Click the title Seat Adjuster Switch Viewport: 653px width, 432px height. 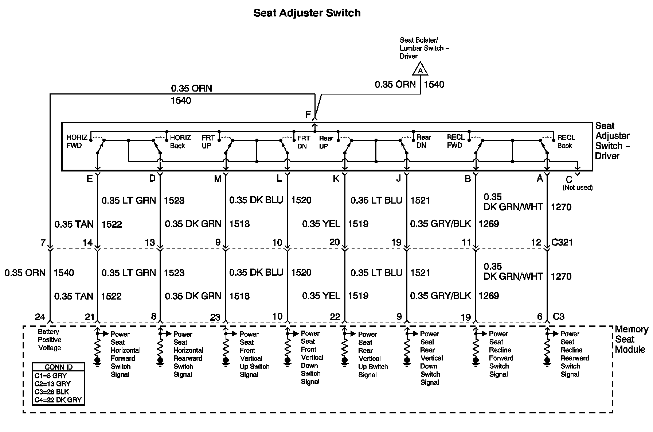point(307,13)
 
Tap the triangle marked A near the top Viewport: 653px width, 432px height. point(420,69)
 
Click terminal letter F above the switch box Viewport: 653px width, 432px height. point(308,115)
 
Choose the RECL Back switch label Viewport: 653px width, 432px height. point(566,141)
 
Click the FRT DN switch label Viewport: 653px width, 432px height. point(303,142)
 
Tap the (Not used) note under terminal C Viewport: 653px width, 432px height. point(578,188)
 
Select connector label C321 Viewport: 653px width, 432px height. point(563,242)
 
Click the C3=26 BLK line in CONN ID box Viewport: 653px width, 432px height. point(52,392)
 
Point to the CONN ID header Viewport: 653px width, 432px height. point(59,367)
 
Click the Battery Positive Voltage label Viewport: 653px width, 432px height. point(50,340)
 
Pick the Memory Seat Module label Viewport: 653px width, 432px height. point(631,339)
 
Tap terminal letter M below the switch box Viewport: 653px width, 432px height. point(218,179)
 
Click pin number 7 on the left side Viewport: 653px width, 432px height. point(43,242)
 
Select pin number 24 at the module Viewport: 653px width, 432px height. point(40,317)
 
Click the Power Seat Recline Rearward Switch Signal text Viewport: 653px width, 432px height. point(574,354)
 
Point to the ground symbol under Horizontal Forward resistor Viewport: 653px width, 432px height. point(97,362)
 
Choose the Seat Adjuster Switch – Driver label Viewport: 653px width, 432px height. point(612,141)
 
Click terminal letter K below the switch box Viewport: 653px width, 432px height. point(336,179)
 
